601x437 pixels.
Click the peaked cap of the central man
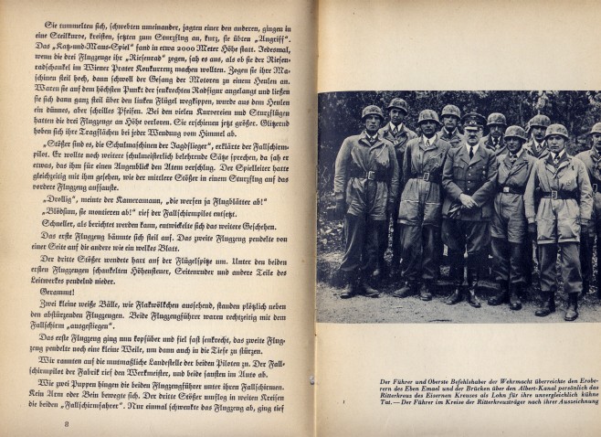coord(472,120)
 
